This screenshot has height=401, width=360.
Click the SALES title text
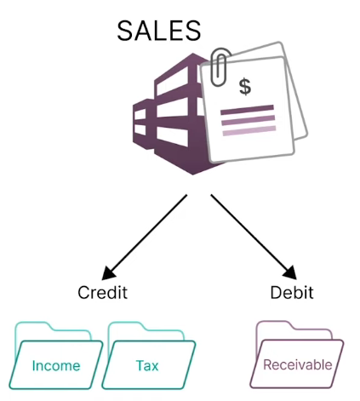[159, 31]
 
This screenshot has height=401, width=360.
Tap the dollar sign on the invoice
[245, 87]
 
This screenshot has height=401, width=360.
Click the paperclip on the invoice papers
[220, 66]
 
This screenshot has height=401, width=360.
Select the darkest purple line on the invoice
[247, 110]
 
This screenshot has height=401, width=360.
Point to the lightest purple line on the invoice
[249, 131]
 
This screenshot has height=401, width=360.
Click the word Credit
[103, 292]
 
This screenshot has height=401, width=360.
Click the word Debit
[292, 292]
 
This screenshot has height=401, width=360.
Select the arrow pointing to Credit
[144, 238]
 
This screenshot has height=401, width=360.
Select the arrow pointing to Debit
[254, 237]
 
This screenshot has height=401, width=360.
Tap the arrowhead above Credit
[107, 274]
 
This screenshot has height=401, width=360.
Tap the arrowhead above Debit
[291, 273]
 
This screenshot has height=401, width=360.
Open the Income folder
[56, 355]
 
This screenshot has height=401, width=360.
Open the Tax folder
[149, 355]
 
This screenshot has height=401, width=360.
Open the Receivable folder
[297, 354]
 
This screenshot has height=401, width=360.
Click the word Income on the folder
[56, 365]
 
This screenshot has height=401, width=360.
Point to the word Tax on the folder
[147, 365]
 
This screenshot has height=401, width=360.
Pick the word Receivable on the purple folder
[298, 364]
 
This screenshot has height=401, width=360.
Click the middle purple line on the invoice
[249, 120]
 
